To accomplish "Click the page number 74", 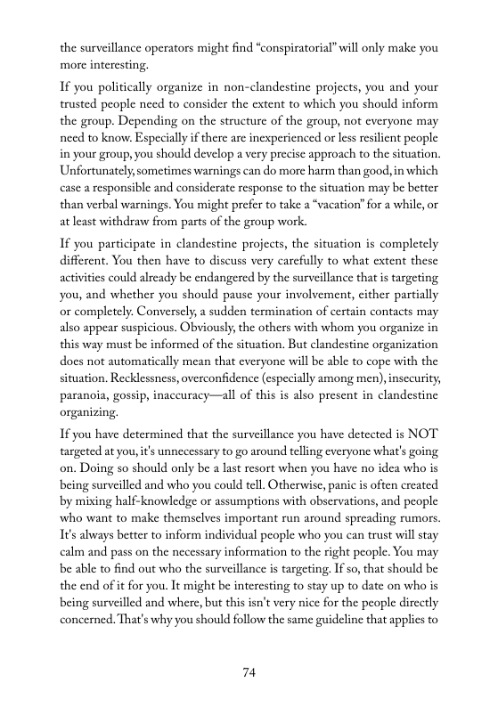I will [x=249, y=672].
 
